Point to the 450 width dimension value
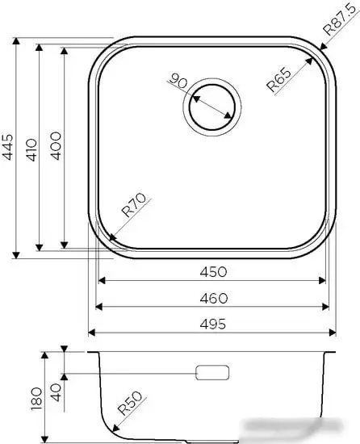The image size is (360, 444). click(x=213, y=271)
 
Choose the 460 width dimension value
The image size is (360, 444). click(x=213, y=297)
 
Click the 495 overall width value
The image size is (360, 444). click(x=213, y=323)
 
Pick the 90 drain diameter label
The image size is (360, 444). click(x=179, y=82)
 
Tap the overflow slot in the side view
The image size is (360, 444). click(x=212, y=373)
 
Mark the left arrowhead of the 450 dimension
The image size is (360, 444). click(x=102, y=281)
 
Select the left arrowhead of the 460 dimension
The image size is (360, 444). click(x=98, y=307)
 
